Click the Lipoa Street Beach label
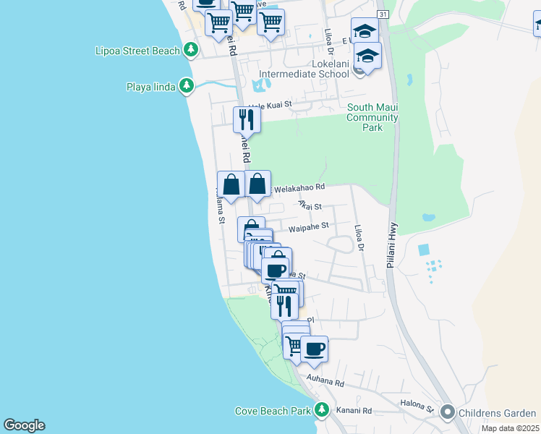point(137,51)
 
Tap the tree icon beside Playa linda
point(187,87)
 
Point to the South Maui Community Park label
point(372,117)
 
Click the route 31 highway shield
point(383,14)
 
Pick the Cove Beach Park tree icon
point(322,411)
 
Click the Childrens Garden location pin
point(447,413)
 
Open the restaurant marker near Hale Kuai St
point(247,119)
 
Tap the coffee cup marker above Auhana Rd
point(314,349)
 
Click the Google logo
point(24,425)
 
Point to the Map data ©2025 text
point(509,428)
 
